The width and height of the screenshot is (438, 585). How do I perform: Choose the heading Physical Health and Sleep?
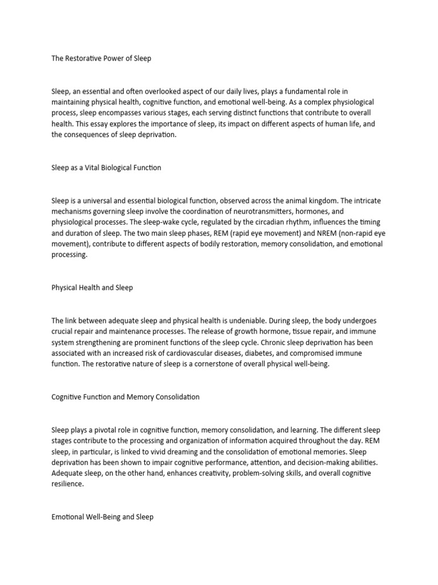click(92, 287)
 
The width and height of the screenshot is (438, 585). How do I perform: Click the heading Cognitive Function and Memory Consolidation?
click(125, 397)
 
